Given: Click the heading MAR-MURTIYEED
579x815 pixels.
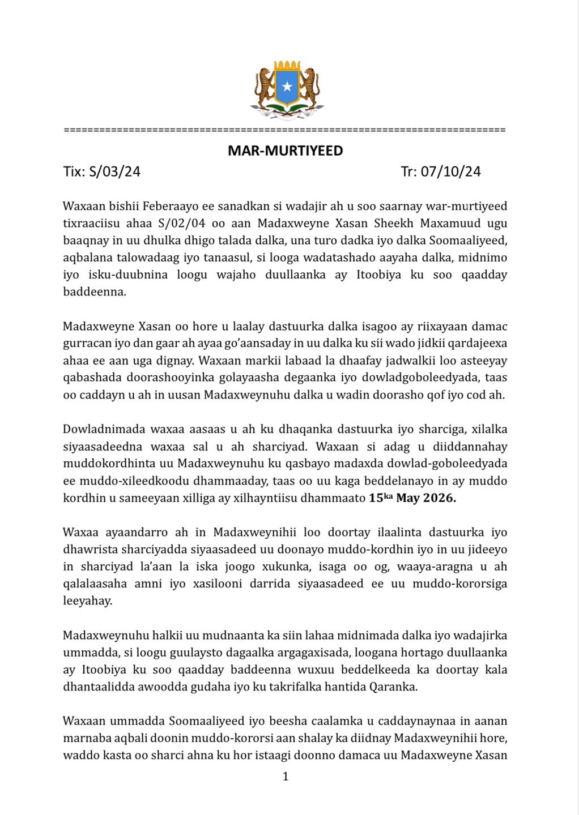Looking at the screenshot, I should [x=285, y=151].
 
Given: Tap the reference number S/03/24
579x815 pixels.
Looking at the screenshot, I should [x=115, y=171].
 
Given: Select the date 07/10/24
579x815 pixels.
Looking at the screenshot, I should [x=450, y=171].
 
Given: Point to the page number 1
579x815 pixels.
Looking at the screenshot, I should [x=286, y=777].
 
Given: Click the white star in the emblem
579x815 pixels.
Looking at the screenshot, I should [x=287, y=87].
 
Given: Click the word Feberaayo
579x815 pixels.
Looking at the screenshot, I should [x=168, y=205].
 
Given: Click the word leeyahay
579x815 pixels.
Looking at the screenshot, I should [x=87, y=601].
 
